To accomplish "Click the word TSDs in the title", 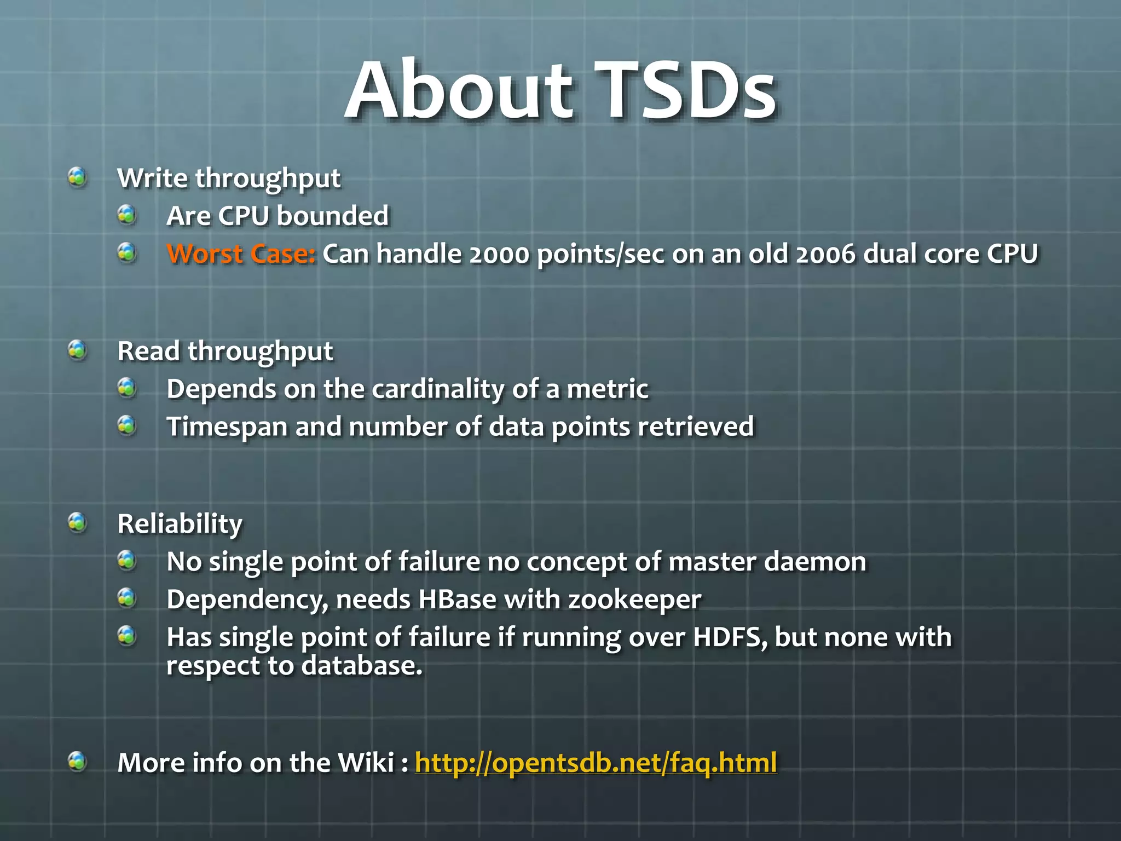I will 685,90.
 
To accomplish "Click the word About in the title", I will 460,90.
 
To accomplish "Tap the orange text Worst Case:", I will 241,254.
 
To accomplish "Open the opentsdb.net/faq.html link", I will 596,762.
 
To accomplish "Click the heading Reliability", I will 180,523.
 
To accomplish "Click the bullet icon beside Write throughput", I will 77,177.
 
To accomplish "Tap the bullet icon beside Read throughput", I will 77,350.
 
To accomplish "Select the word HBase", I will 457,599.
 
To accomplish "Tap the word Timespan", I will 227,427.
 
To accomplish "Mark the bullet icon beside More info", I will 77,761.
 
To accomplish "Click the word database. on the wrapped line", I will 362,666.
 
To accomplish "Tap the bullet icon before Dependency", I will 126,598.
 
